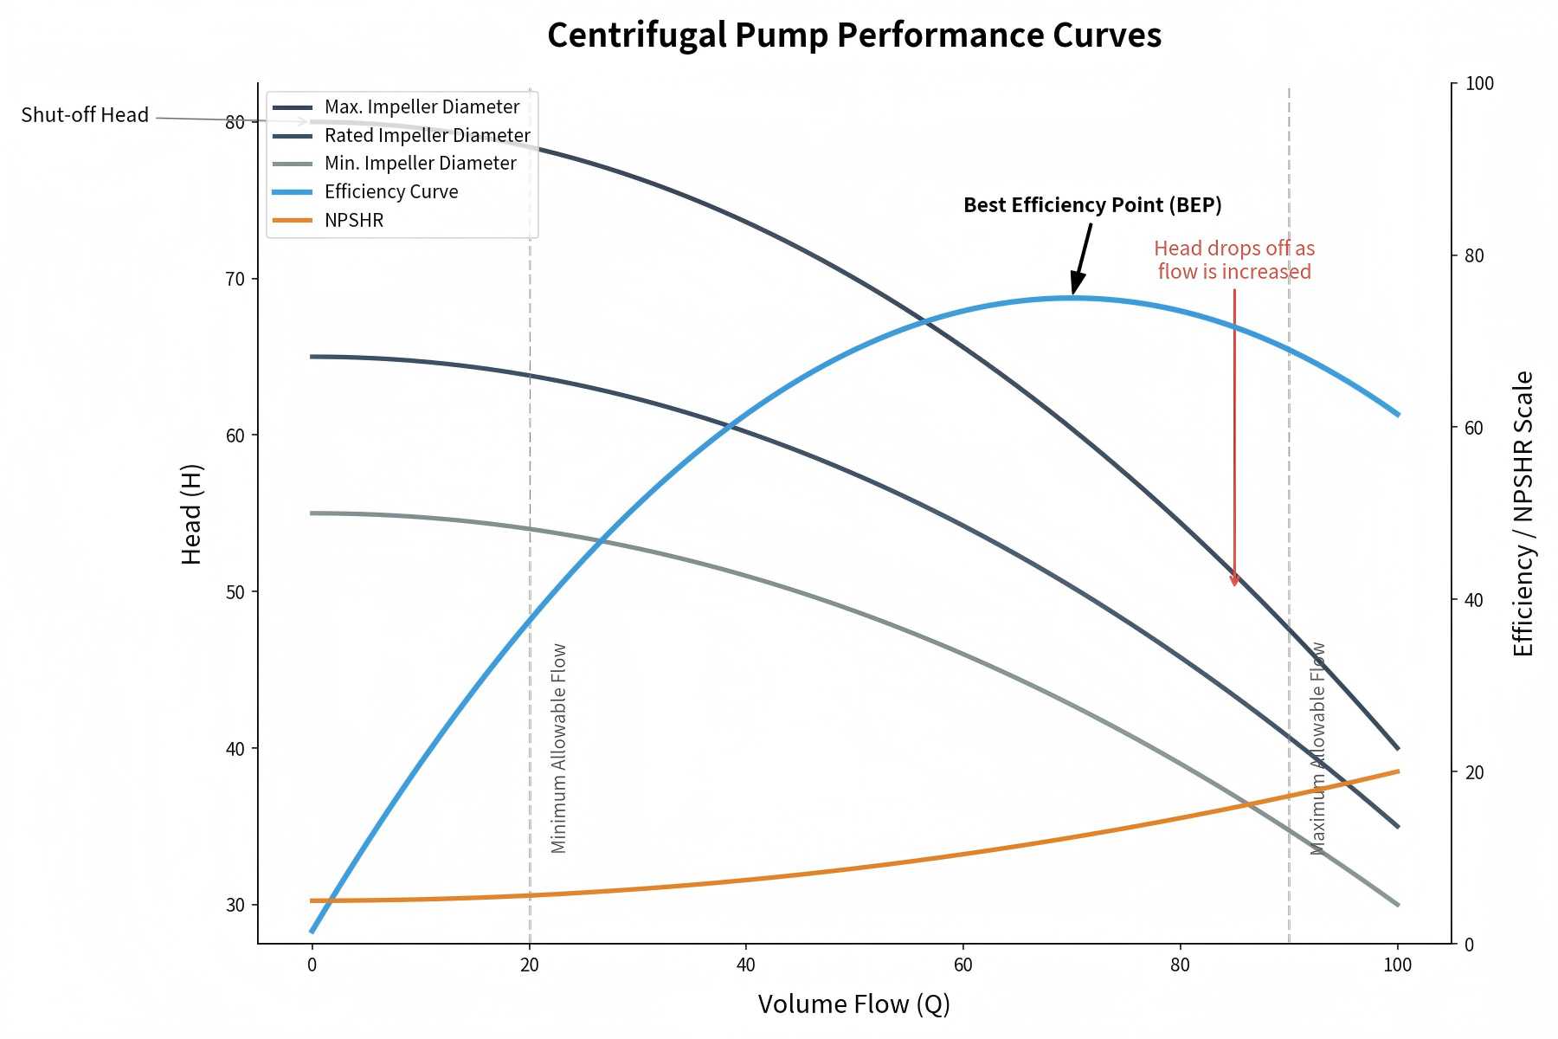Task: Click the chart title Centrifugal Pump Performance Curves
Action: pos(853,35)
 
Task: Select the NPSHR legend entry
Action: pos(353,220)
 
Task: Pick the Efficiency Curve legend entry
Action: pos(390,191)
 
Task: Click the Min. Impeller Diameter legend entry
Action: pos(420,163)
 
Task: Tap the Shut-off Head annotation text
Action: pos(85,115)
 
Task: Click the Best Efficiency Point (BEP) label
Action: pos(1092,205)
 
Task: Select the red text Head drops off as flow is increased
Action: pos(1234,260)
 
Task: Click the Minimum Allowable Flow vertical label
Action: pos(558,748)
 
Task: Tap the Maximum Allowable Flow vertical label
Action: pos(1317,748)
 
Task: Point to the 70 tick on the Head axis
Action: pos(235,279)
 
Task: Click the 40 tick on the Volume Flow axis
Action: pos(746,965)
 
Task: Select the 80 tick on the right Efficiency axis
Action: pos(1474,255)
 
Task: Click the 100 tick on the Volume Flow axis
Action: pos(1398,965)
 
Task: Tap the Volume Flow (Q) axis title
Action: pos(853,1004)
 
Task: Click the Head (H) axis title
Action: pos(191,514)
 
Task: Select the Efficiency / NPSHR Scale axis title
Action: pos(1523,513)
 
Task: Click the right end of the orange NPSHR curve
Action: pos(1397,771)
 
